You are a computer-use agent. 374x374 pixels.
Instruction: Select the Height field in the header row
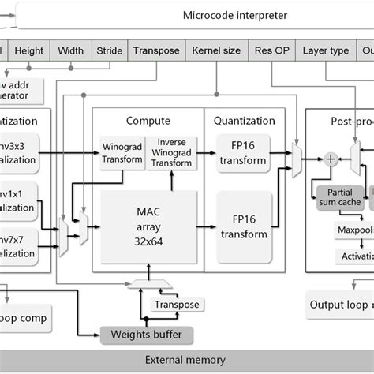28,50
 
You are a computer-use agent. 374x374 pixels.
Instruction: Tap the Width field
71,50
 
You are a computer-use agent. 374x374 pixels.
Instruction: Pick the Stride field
109,50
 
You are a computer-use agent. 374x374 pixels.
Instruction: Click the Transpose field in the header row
156,50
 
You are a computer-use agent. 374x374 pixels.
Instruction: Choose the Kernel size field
216,50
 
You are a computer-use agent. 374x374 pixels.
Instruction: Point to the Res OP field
272,50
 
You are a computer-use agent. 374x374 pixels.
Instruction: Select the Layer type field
327,50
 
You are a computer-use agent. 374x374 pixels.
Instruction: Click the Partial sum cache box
340,196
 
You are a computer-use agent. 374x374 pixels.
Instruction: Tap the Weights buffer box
151,335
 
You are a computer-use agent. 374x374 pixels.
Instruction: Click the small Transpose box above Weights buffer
177,305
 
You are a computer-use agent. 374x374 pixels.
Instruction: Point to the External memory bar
187,360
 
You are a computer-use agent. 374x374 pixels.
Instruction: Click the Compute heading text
148,121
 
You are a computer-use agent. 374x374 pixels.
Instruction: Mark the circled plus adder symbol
331,159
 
